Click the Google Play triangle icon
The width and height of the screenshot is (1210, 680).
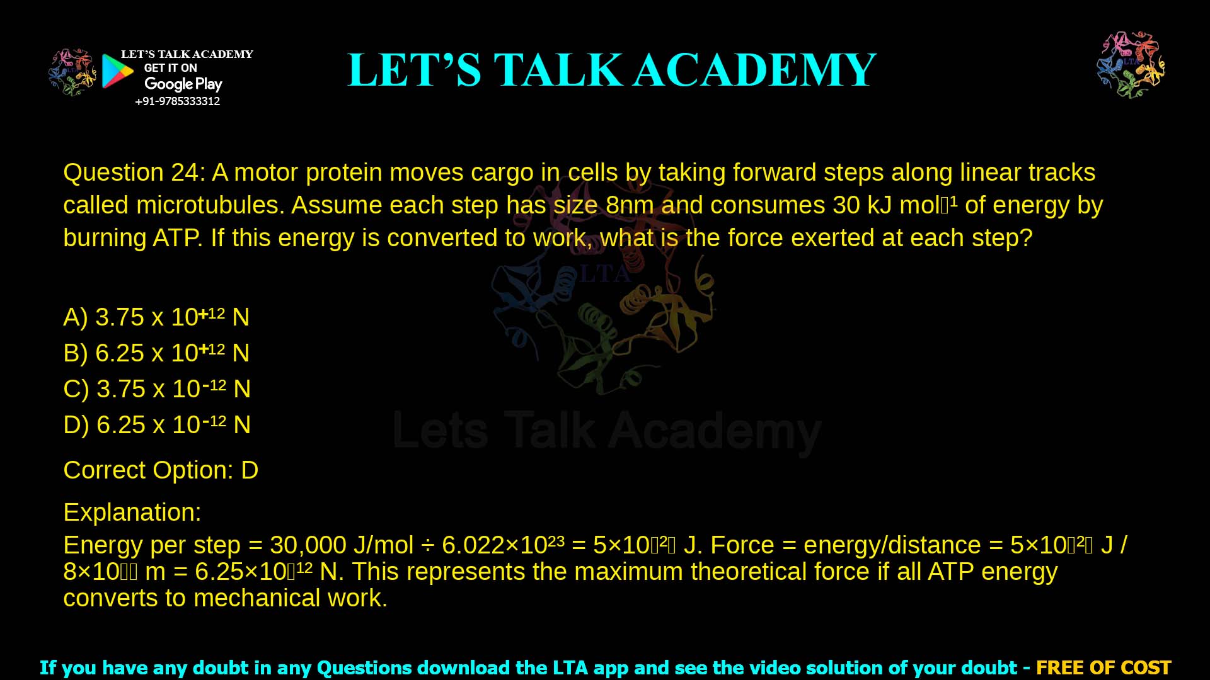pyautogui.click(x=117, y=71)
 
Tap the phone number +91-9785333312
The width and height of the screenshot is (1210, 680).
pyautogui.click(x=178, y=101)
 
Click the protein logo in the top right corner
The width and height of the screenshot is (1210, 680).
pyautogui.click(x=1131, y=65)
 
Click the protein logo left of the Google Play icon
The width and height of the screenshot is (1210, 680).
pyautogui.click(x=72, y=72)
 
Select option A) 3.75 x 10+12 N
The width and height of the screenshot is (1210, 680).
pyautogui.click(x=156, y=317)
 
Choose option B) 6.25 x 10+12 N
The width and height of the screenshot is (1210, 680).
pyautogui.click(x=156, y=353)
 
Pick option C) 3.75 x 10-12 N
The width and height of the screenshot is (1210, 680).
pyautogui.click(x=157, y=388)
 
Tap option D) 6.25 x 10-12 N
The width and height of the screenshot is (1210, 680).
pyautogui.click(x=157, y=424)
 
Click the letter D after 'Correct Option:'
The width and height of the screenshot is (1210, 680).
pyautogui.click(x=250, y=470)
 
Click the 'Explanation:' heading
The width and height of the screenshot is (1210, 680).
pyautogui.click(x=132, y=513)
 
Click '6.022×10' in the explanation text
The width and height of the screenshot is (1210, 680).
pyautogui.click(x=494, y=545)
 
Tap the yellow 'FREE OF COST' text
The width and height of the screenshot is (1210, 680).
pyautogui.click(x=1103, y=667)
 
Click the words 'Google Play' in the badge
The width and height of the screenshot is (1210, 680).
pyautogui.click(x=183, y=84)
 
